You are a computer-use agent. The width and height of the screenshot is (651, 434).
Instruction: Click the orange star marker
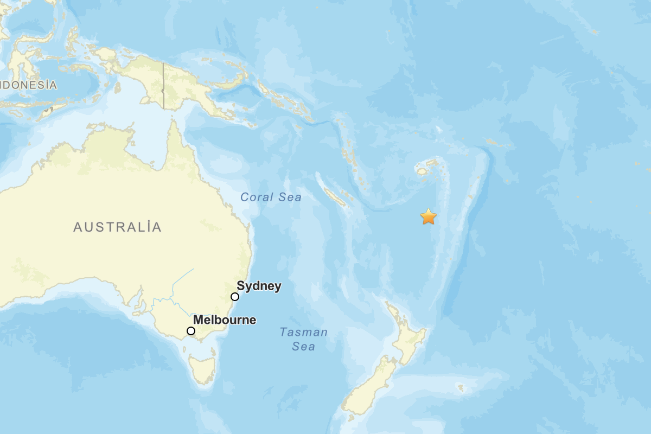pos(429,216)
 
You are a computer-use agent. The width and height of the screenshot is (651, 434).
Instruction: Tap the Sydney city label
pos(259,286)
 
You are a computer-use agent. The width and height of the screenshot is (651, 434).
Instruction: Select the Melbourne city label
pos(225,320)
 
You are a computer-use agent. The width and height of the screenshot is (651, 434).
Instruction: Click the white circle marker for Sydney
pos(235,297)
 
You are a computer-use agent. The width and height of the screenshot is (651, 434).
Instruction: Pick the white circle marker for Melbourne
pos(191,331)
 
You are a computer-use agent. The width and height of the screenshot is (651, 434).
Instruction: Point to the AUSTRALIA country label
pos(118,227)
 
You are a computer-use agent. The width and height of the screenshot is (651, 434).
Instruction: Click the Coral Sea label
pos(271,197)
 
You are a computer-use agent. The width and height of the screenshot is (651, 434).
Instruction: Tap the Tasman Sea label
pos(304,339)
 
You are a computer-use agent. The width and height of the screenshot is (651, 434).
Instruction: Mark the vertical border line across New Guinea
pos(163,87)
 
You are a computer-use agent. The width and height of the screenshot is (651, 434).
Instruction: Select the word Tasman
pos(304,332)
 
